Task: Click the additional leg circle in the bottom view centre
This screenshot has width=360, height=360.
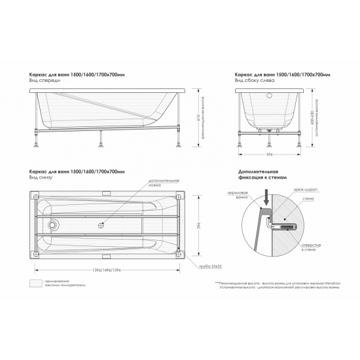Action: coord(102,226)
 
